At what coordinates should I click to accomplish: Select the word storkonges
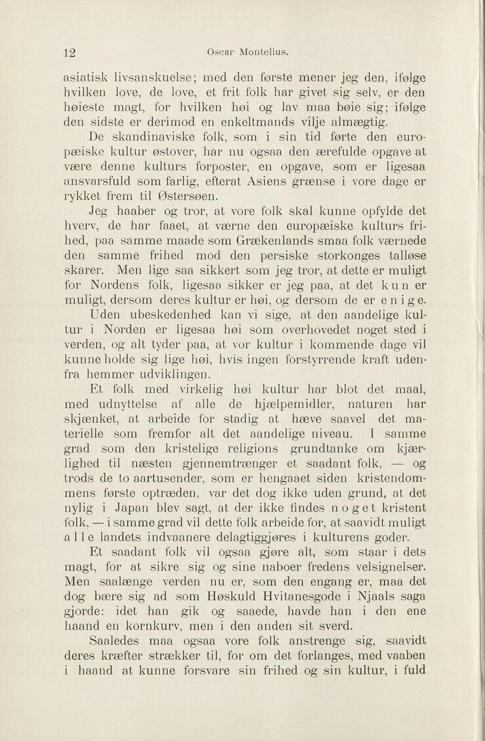point(326,256)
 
